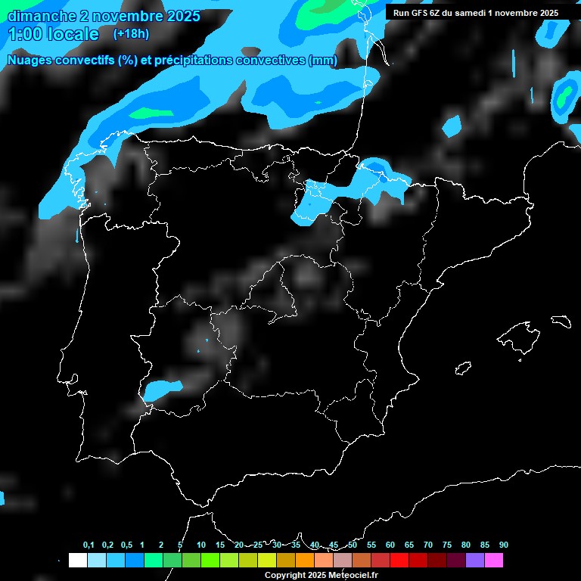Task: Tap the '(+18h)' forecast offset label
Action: point(130,33)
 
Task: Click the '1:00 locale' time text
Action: point(53,34)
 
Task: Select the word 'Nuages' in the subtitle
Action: point(31,61)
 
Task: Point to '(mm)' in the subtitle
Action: point(323,61)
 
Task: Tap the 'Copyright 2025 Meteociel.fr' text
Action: point(321,575)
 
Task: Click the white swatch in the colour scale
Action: point(77,560)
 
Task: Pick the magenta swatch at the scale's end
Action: point(494,560)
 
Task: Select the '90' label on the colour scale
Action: point(503,545)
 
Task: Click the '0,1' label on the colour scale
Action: point(89,545)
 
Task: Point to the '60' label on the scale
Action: point(390,545)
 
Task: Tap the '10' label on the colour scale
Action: point(201,545)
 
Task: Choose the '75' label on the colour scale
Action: point(446,545)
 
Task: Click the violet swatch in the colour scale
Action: point(475,560)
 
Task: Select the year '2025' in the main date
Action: point(184,16)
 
